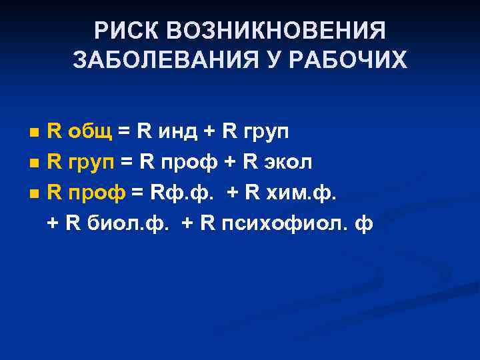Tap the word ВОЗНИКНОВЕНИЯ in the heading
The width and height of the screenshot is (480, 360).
click(275, 30)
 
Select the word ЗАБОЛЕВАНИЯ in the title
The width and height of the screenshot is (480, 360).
click(154, 61)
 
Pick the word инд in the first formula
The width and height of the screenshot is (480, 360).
click(175, 131)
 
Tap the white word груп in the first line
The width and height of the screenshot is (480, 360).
click(265, 133)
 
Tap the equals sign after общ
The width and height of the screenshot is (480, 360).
click(123, 132)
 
